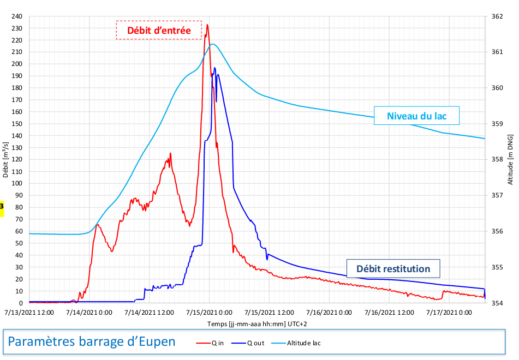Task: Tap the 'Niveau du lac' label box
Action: pos(416,116)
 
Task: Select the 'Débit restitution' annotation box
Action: pos(393,268)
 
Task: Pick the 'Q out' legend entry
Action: pos(250,343)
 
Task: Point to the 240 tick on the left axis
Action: pos(18,16)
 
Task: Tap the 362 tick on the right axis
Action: pos(497,16)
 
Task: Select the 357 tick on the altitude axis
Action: pos(497,195)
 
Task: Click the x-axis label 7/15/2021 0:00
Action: pos(210,313)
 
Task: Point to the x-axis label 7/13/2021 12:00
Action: pos(29,313)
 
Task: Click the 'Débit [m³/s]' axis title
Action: pos(5,159)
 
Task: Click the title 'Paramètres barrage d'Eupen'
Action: pos(92,341)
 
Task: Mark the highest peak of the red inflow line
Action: pos(207,25)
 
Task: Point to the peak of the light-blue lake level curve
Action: pos(213,44)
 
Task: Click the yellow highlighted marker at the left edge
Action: pos(2,207)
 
